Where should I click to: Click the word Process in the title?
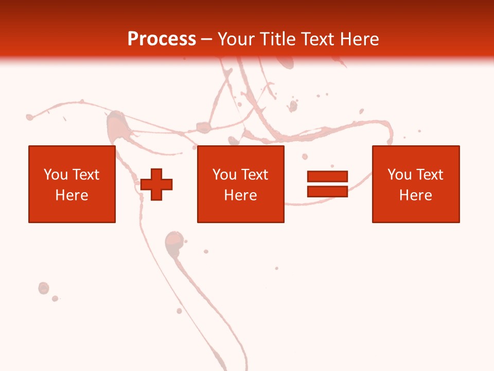click(162, 39)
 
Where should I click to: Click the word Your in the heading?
click(236, 39)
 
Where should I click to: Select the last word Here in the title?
click(359, 39)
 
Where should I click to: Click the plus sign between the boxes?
click(156, 184)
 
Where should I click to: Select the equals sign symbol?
click(327, 184)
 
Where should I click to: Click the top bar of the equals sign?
click(327, 177)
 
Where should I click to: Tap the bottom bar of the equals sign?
click(327, 191)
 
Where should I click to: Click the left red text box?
click(72, 184)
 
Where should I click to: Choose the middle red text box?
click(240, 184)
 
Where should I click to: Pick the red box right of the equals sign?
click(415, 184)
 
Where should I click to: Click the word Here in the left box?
click(72, 195)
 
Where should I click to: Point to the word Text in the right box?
click(429, 175)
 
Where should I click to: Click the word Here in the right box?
click(415, 195)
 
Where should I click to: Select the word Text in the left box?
click(85, 175)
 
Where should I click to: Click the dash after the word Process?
click(207, 40)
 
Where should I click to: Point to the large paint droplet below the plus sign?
click(174, 241)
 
